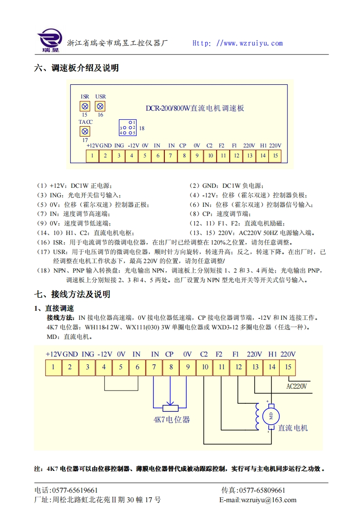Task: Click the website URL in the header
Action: point(237,44)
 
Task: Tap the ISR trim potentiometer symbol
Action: point(84,106)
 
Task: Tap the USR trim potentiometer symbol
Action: point(100,106)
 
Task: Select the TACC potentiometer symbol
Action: point(84,131)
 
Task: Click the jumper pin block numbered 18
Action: point(128,128)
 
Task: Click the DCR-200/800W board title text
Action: point(195,108)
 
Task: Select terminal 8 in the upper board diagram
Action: point(183,156)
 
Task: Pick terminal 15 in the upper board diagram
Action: point(275,156)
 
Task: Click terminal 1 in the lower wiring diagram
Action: point(54,367)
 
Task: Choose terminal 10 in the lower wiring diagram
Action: point(205,367)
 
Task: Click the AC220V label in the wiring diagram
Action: point(296,387)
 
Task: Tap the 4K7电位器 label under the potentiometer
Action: point(172,420)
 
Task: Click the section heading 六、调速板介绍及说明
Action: point(77,68)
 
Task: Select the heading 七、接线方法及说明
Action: point(73,294)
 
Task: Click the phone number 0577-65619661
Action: point(75,490)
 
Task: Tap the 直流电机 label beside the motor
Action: point(293,428)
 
